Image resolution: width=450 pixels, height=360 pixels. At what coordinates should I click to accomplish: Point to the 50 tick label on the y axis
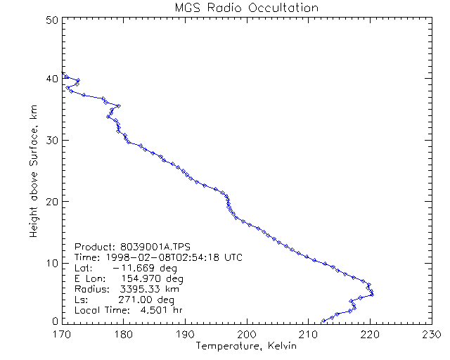click(x=51, y=20)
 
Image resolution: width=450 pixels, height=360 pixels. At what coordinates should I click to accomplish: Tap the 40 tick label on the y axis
click(x=51, y=79)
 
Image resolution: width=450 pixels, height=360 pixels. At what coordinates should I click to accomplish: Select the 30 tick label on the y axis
click(x=51, y=140)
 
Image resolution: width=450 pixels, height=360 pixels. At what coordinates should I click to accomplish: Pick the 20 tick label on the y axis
click(x=51, y=201)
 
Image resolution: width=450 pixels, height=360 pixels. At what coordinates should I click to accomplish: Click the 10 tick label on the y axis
click(x=51, y=262)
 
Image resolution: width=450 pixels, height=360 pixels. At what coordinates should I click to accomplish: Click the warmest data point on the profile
click(x=371, y=293)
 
